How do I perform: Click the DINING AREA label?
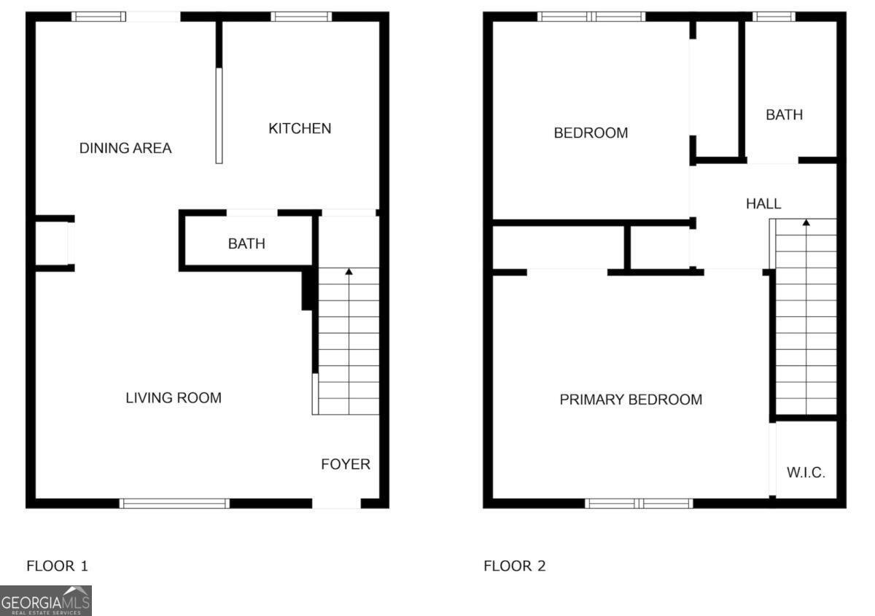[x=125, y=149]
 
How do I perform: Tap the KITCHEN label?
[x=300, y=128]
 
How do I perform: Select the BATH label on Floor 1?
[x=246, y=243]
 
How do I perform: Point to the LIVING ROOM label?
[x=174, y=398]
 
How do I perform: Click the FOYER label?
[x=346, y=464]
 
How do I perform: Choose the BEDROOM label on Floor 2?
[x=591, y=133]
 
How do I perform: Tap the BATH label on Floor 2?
[x=784, y=115]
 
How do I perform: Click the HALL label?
[x=763, y=204]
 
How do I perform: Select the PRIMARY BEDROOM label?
[x=631, y=399]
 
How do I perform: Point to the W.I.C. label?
[x=806, y=472]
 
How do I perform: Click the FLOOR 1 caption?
[x=57, y=566]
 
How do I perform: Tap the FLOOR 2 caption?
[x=514, y=566]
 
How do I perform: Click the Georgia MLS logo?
[x=46, y=601]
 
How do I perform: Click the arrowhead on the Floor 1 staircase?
[x=349, y=272]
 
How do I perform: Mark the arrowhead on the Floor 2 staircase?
[x=806, y=222]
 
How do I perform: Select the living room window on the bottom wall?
[x=174, y=503]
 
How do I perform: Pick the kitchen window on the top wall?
[x=302, y=17]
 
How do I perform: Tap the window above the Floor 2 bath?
[x=774, y=17]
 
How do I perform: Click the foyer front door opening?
[x=336, y=503]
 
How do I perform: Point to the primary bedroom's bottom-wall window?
[x=639, y=503]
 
